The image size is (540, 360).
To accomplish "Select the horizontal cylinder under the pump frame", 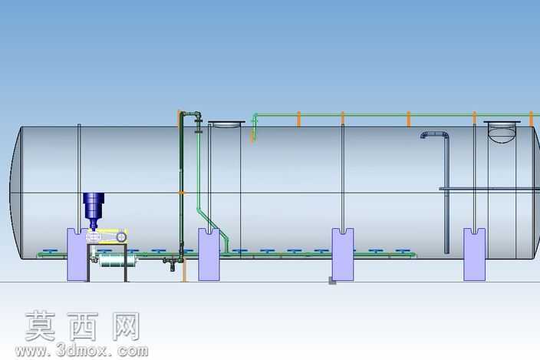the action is pyautogui.click(x=117, y=261).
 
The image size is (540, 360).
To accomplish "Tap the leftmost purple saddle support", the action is pyautogui.click(x=77, y=255).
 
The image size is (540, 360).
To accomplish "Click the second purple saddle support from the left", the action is pyautogui.click(x=209, y=254).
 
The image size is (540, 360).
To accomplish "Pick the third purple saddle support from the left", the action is pyautogui.click(x=343, y=254).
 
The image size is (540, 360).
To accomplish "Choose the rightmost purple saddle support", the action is pyautogui.click(x=474, y=254).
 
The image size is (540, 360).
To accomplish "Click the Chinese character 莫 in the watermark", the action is pyautogui.click(x=41, y=326).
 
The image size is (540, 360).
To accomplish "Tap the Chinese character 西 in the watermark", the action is pyautogui.click(x=83, y=326).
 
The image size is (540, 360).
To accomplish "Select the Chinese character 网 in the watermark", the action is pyautogui.click(x=126, y=326).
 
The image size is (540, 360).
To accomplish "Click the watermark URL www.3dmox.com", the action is pyautogui.click(x=81, y=351).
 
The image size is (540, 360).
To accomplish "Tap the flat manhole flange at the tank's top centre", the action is pyautogui.click(x=226, y=122).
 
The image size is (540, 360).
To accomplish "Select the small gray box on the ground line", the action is pyautogui.click(x=332, y=281).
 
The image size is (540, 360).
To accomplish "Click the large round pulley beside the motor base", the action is pyautogui.click(x=121, y=236).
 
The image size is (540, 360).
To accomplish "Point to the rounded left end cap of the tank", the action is pyautogui.click(x=16, y=193).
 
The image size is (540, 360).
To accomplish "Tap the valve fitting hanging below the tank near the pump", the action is pyautogui.click(x=171, y=263).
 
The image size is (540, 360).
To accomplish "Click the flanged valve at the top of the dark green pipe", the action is pyautogui.click(x=198, y=121).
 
